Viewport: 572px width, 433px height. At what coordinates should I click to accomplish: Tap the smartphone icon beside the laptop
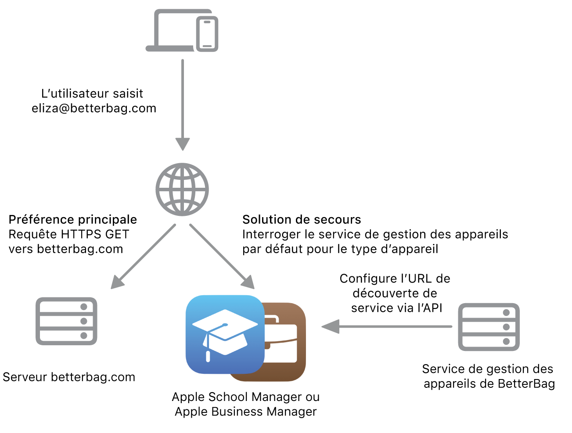point(207,34)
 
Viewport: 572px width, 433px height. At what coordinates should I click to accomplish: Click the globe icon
point(182,190)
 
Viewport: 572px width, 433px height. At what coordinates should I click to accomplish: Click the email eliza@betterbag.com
point(94,108)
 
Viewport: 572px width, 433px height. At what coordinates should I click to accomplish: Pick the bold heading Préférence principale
point(73,219)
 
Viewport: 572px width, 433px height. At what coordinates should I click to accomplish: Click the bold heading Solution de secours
point(302,219)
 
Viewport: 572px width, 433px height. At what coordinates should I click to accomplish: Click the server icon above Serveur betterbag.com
point(66,321)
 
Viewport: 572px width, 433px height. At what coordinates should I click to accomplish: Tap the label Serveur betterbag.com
point(69,377)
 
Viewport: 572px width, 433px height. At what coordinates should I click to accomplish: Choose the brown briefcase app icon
point(285,342)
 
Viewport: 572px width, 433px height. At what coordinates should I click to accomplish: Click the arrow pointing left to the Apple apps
point(386,326)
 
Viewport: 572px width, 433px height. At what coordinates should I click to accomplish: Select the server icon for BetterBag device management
point(489,327)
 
